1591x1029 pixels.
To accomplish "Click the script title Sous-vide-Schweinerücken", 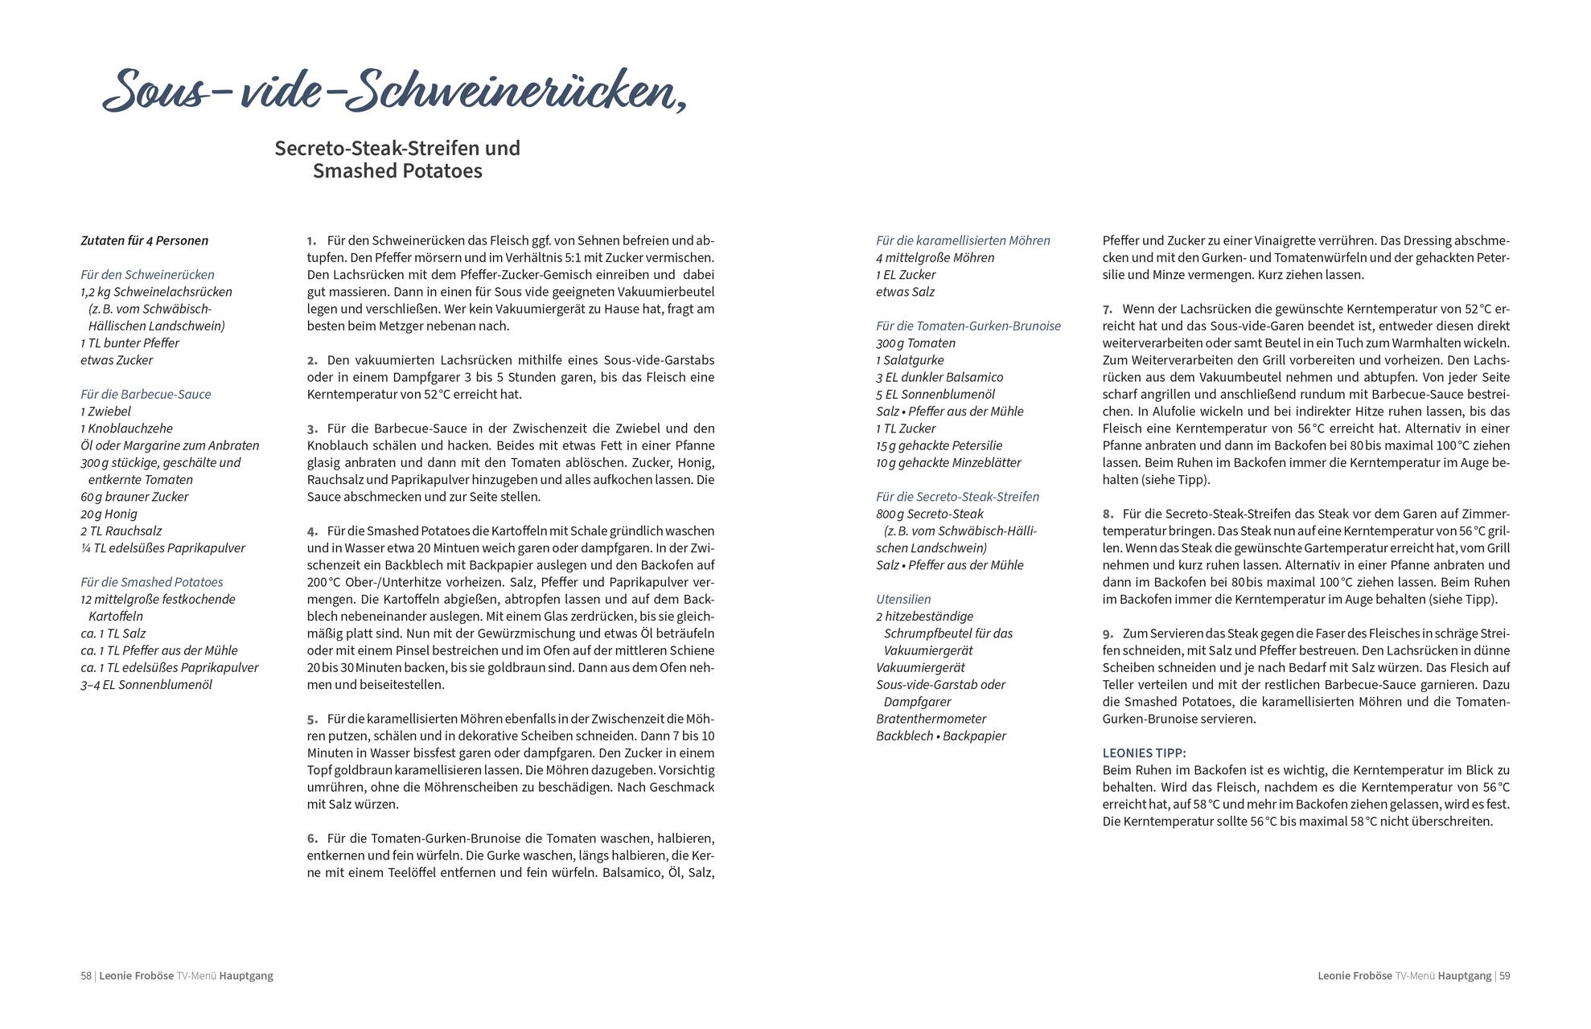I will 394,90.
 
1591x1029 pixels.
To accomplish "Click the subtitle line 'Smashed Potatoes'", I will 397,171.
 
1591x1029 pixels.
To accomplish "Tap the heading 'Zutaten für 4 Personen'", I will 144,240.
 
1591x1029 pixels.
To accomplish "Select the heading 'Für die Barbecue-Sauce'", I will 146,394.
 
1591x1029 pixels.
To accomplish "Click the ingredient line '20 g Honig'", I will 109,514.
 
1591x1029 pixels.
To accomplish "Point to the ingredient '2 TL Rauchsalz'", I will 121,531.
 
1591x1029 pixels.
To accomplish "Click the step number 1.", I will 311,240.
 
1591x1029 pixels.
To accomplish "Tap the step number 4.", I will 311,531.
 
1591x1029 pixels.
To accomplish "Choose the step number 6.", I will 311,838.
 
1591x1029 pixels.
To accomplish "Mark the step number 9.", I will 1108,633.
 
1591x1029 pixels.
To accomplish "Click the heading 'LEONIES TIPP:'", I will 1144,753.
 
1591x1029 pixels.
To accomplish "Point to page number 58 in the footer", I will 86,976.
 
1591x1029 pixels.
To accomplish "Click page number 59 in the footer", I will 1503,976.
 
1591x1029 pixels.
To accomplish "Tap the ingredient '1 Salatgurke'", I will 910,360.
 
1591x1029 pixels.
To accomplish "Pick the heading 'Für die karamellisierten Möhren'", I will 963,240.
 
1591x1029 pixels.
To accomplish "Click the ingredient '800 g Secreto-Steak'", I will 929,514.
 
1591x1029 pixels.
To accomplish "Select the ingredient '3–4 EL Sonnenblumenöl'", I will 146,685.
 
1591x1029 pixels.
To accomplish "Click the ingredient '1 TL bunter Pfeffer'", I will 129,342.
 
